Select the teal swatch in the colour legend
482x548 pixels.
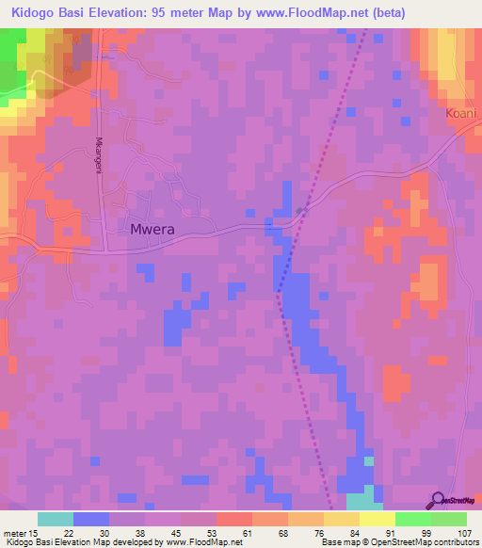tap(56, 519)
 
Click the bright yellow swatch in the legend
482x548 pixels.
tap(377, 519)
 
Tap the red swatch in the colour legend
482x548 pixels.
tap(233, 519)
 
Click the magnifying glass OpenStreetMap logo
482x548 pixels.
tap(438, 501)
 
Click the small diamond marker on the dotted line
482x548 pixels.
tap(300, 210)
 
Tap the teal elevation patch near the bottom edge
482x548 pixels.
tap(363, 499)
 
